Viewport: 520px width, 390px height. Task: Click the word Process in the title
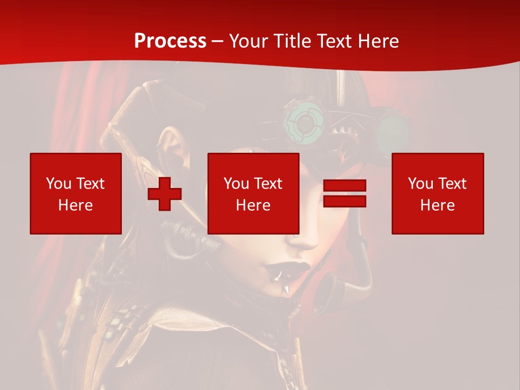click(170, 41)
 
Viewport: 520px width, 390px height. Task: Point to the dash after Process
click(218, 42)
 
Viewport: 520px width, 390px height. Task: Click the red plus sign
click(164, 194)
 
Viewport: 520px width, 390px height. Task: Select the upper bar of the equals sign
click(344, 186)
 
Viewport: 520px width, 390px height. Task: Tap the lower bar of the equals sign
click(344, 201)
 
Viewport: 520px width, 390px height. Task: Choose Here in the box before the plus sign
click(75, 205)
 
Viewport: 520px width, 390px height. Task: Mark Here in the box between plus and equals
click(253, 205)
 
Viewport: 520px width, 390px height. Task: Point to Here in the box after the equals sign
click(437, 205)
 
